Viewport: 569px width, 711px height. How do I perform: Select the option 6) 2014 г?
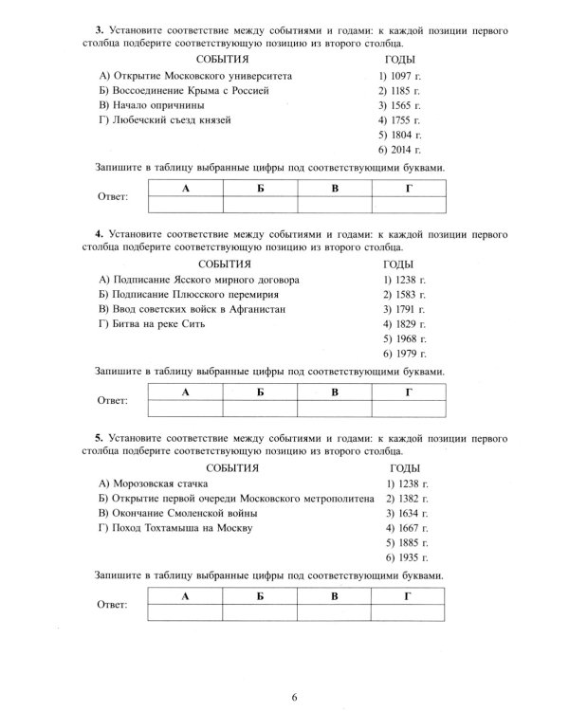[398, 151]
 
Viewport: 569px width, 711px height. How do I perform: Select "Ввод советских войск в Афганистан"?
[193, 309]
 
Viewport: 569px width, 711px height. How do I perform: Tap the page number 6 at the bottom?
[295, 698]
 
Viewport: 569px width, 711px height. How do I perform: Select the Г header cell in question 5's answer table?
[408, 596]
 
